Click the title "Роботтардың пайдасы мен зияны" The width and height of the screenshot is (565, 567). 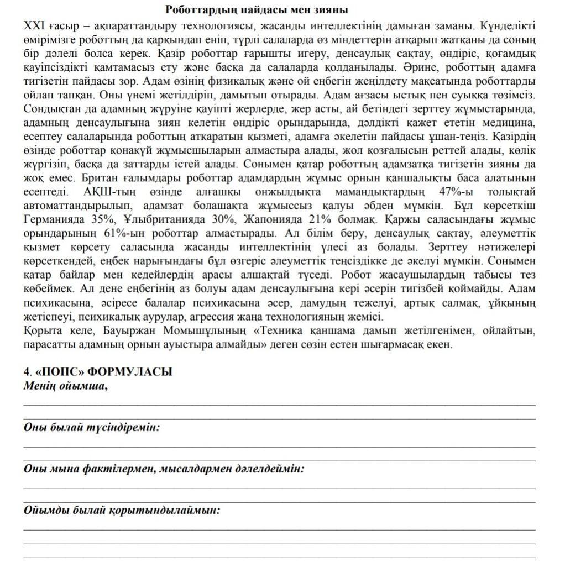coord(257,10)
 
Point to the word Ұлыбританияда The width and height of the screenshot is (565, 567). coord(157,219)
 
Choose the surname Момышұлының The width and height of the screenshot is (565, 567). coord(209,330)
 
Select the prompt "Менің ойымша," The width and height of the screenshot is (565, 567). coord(65,386)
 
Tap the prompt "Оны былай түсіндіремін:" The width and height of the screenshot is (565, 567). coord(92,427)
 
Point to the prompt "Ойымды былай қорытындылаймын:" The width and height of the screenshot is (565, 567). coord(122,510)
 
